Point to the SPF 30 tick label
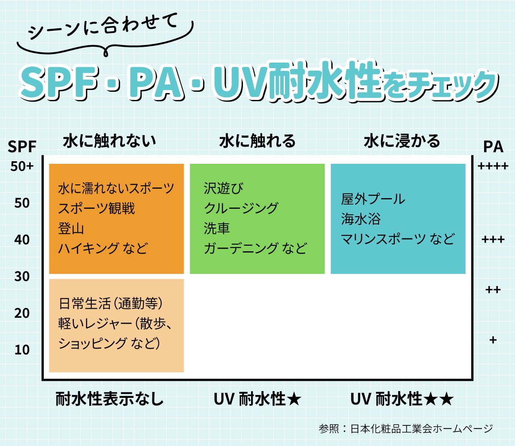tap(22, 277)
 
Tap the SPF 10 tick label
tap(22, 350)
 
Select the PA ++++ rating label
tap(493, 166)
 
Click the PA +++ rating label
tap(493, 240)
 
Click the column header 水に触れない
tap(109, 141)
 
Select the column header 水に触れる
tap(257, 141)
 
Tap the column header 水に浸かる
tap(402, 141)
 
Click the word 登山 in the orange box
tap(71, 229)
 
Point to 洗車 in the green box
tap(217, 229)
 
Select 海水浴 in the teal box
tap(361, 219)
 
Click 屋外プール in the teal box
tap(373, 199)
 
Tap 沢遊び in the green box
tap(223, 188)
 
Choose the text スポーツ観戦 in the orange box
tap(97, 208)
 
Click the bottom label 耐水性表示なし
tap(109, 399)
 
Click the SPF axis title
tap(22, 147)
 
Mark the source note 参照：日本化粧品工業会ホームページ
tap(406, 428)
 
